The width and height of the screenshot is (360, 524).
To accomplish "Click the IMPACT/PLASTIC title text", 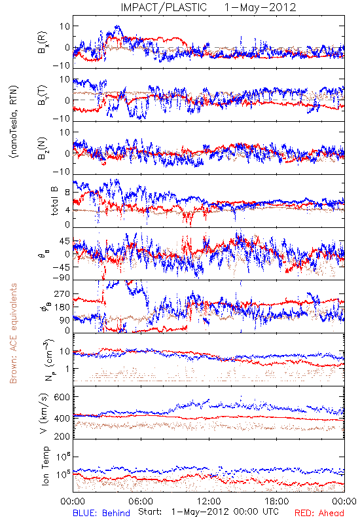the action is pyautogui.click(x=164, y=7).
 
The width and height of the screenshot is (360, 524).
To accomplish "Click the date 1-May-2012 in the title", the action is pyautogui.click(x=260, y=7).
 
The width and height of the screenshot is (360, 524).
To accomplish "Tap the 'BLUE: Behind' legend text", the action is pyautogui.click(x=101, y=513).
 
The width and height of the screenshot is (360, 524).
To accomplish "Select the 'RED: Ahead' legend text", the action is pyautogui.click(x=319, y=513).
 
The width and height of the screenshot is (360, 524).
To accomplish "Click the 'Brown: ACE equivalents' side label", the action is pyautogui.click(x=13, y=333).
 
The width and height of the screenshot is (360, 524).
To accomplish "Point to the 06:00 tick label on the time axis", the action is pyautogui.click(x=141, y=502).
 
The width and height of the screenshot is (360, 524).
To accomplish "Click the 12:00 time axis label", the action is pyautogui.click(x=209, y=502).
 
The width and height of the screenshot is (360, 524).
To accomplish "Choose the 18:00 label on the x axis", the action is pyautogui.click(x=277, y=502).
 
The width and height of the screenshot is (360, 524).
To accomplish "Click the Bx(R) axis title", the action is pyautogui.click(x=43, y=43).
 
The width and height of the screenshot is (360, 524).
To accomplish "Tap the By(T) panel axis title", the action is pyautogui.click(x=43, y=95).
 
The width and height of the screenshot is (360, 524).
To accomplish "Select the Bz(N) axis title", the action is pyautogui.click(x=43, y=148).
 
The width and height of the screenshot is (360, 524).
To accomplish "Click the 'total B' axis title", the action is pyautogui.click(x=54, y=201).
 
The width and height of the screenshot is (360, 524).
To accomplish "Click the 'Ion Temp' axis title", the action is pyautogui.click(x=45, y=466).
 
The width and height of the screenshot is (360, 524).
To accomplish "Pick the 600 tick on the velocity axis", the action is pyautogui.click(x=62, y=397).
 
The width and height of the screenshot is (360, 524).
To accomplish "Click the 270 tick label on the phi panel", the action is pyautogui.click(x=62, y=293).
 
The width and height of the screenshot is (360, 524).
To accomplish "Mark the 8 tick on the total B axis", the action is pyautogui.click(x=67, y=193).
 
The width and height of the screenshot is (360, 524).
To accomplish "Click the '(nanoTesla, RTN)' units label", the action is pyautogui.click(x=14, y=122).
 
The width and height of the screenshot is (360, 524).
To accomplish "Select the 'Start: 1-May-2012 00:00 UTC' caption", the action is pyautogui.click(x=208, y=512).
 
